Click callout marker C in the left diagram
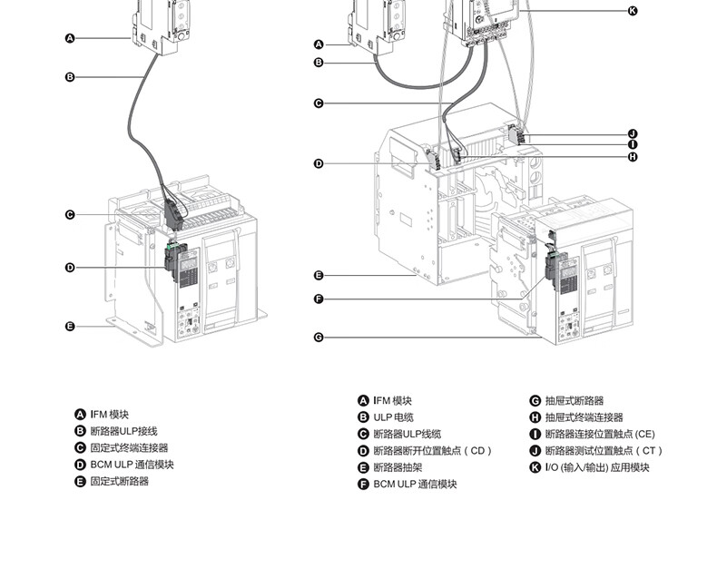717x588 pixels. (70, 215)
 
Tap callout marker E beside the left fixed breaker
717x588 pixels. (70, 327)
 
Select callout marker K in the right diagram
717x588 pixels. (633, 11)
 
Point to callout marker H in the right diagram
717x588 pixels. (633, 157)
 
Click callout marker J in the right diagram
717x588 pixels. (633, 134)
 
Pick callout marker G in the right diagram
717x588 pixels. (319, 338)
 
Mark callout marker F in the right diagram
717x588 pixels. (319, 299)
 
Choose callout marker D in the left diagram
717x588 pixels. (70, 268)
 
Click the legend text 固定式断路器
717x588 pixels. (119, 481)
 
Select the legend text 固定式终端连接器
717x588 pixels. (129, 448)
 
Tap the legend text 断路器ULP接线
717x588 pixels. (123, 431)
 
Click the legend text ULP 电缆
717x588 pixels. (393, 417)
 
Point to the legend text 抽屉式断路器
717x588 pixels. (575, 401)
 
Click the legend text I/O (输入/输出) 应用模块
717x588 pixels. (597, 467)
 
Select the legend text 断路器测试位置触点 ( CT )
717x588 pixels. (604, 451)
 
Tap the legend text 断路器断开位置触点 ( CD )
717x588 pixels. (432, 451)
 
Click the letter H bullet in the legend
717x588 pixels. (535, 417)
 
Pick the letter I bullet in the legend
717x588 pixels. (535, 435)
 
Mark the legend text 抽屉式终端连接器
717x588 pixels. (584, 417)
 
